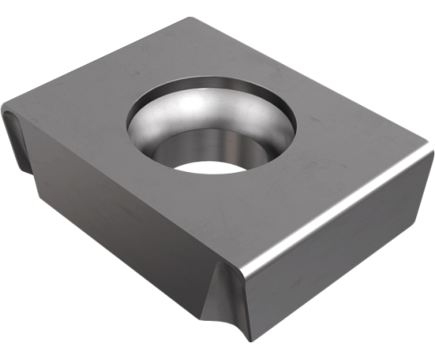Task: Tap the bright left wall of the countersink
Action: tap(143, 125)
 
